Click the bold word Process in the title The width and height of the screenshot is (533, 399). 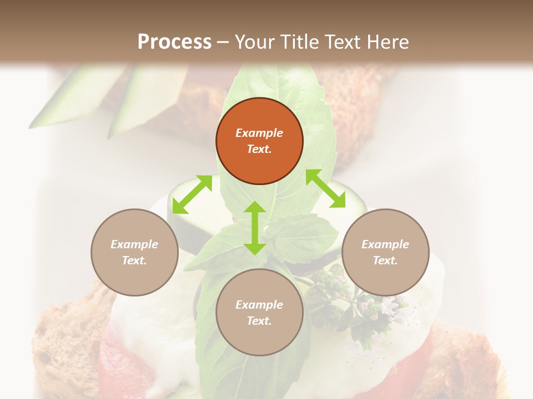click(174, 42)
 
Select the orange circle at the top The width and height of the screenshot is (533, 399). click(259, 141)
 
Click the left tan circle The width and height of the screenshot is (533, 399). click(134, 252)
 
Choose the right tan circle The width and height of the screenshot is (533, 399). click(385, 252)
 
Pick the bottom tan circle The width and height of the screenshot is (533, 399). click(259, 313)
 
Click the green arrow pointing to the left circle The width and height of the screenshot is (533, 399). click(192, 194)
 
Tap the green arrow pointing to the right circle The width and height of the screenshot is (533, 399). click(326, 188)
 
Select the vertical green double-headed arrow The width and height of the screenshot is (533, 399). click(255, 228)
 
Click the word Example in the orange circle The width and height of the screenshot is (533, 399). click(259, 133)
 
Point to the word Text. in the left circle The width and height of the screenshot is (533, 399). click(134, 260)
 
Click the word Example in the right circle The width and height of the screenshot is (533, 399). click(385, 244)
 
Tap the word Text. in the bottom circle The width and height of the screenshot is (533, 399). click(259, 321)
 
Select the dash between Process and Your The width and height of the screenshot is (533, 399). click(223, 42)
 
